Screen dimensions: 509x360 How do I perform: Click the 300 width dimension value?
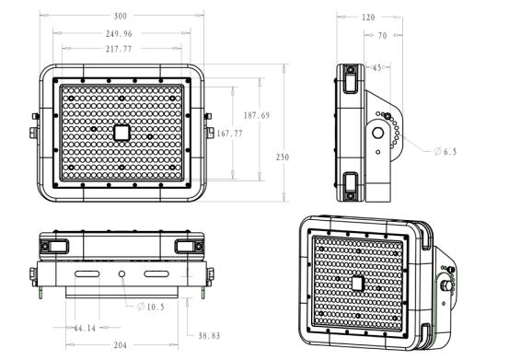[120, 16]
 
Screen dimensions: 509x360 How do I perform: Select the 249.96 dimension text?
[119, 33]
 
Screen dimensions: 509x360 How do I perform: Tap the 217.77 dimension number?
[119, 49]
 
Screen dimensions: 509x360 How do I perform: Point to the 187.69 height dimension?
[257, 115]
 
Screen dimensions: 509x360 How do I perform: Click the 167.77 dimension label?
[229, 134]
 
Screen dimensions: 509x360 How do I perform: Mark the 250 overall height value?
[283, 157]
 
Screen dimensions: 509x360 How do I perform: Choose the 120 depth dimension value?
[368, 17]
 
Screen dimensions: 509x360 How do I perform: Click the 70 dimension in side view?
[383, 35]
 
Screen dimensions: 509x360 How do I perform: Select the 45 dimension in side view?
[376, 67]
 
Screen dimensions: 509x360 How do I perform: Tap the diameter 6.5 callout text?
[445, 151]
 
